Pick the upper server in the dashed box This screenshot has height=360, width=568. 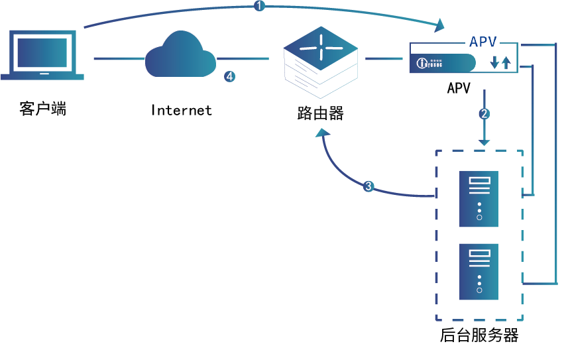tap(479, 199)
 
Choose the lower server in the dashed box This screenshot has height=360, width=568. tap(479, 271)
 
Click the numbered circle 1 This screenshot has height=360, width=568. tap(259, 6)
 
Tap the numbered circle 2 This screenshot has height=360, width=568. tap(484, 113)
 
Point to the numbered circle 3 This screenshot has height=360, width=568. tap(369, 186)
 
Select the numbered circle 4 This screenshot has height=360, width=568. tap(229, 77)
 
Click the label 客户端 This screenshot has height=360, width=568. tap(43, 109)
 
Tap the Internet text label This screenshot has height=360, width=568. tap(181, 110)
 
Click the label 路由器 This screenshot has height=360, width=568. tap(321, 113)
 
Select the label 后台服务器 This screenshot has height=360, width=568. tap(479, 335)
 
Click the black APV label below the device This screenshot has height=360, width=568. tap(459, 88)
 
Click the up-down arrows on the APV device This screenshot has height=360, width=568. tap(500, 63)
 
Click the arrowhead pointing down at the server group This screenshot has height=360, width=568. tap(484, 142)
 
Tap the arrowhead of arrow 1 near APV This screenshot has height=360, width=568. tap(440, 27)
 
